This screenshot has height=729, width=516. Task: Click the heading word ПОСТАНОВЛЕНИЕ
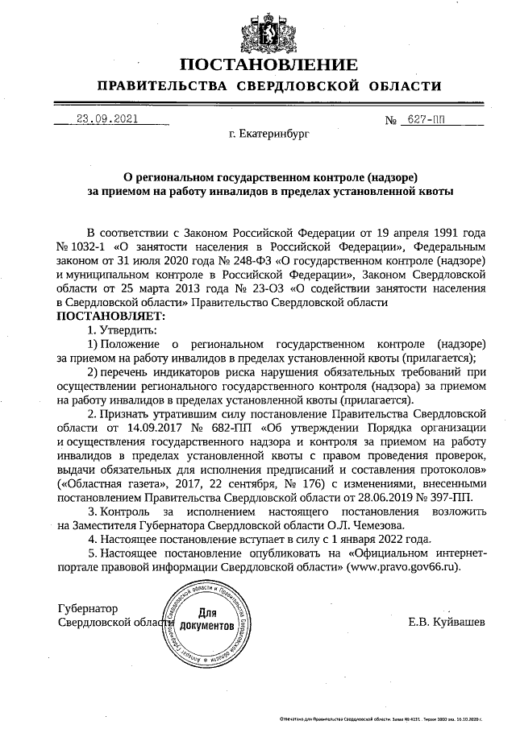pyautogui.click(x=268, y=65)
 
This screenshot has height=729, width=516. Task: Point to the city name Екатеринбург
pyautogui.click(x=268, y=137)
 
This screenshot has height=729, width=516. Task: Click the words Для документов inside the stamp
pyautogui.click(x=206, y=619)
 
